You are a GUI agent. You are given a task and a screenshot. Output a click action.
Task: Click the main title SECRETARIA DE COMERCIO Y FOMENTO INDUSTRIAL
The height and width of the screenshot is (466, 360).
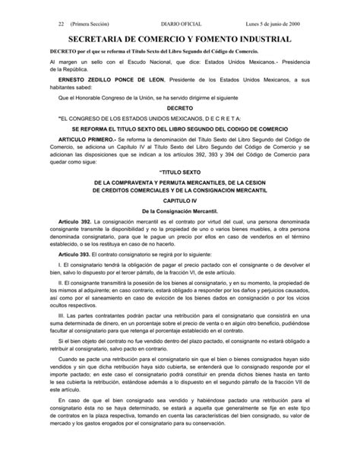pyautogui.click(x=180, y=38)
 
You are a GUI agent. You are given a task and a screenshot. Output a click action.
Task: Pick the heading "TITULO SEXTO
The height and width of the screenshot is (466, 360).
pyautogui.click(x=180, y=173)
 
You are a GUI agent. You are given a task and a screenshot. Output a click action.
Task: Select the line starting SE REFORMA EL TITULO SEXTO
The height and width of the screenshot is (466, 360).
pyautogui.click(x=180, y=130)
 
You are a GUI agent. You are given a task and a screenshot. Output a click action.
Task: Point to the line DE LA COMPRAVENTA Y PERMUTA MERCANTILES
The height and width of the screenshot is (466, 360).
pyautogui.click(x=180, y=185)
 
